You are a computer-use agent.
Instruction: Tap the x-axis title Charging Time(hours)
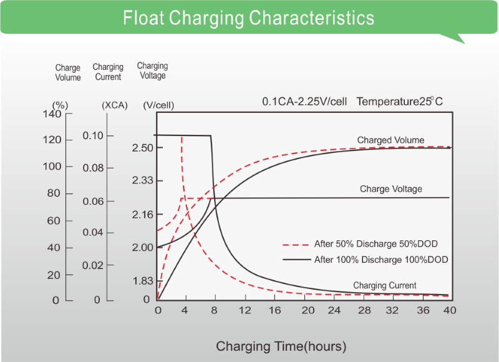coord(281,346)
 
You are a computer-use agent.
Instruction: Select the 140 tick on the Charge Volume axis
coord(52,114)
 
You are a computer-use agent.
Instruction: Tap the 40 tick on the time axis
coord(449,310)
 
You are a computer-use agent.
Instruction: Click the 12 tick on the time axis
coord(245,310)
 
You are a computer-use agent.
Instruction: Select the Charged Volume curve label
coord(390,140)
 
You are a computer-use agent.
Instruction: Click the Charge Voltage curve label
coord(390,189)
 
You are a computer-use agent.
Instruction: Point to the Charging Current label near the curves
coord(385,286)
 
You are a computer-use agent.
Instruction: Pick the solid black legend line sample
coord(296,259)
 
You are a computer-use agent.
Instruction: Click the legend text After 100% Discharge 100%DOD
coord(381,259)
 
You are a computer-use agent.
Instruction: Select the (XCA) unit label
coord(114,105)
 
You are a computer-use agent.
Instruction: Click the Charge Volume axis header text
coord(68,73)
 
